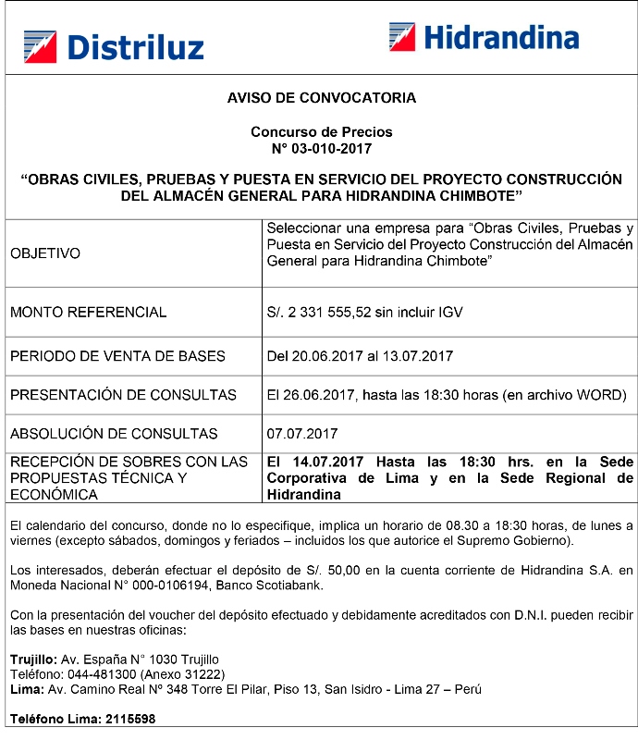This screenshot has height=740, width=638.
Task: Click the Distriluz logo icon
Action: pos(40,46)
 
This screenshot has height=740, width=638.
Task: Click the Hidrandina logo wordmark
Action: pos(501,38)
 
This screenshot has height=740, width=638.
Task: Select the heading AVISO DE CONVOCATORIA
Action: pos(321,97)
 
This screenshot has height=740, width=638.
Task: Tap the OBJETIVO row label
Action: pos(45,253)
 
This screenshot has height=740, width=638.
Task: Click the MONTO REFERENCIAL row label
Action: pos(89,313)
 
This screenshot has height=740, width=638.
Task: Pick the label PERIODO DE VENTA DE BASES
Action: pos(117,355)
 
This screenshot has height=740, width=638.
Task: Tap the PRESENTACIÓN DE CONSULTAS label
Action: pos(123,395)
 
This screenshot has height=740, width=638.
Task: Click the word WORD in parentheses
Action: pos(600,395)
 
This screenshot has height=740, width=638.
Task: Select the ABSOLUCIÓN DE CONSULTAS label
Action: pos(114,434)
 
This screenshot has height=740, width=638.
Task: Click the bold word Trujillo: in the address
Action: pos(33,660)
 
